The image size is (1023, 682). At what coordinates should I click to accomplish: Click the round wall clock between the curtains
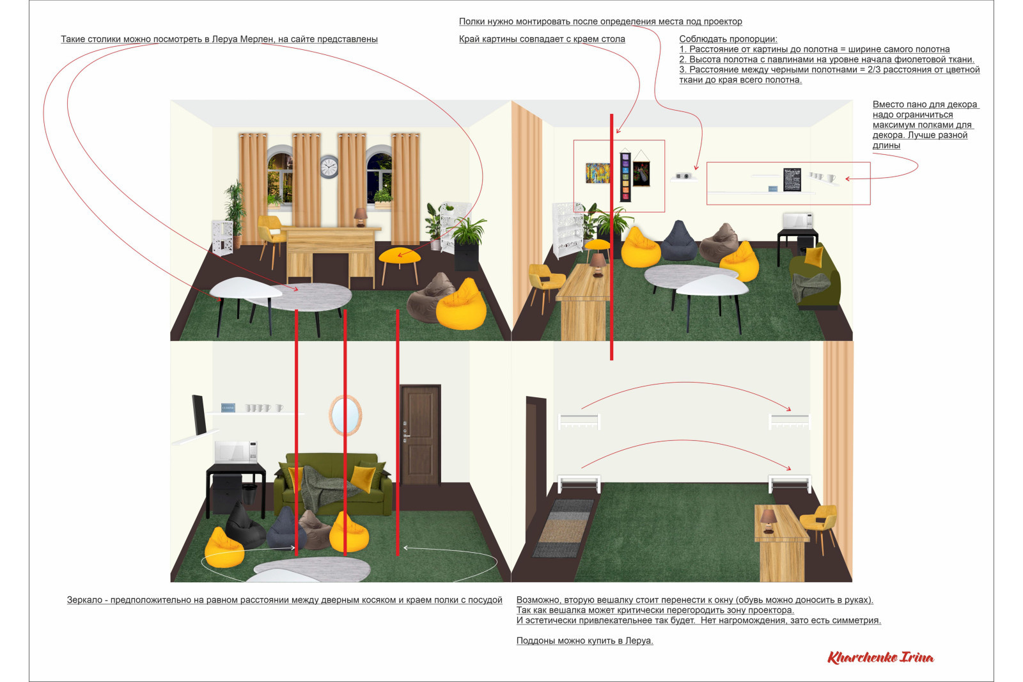[x=329, y=167]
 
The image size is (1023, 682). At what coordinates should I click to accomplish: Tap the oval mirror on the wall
[x=346, y=415]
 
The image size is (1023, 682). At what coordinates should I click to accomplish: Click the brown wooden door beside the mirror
[x=419, y=434]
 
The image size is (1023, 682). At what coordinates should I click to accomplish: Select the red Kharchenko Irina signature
[x=880, y=657]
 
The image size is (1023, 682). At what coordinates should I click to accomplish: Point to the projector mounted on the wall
[x=683, y=176]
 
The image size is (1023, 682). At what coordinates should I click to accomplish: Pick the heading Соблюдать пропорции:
[x=728, y=39]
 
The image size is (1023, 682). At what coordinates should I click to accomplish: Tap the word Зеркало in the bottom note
[x=84, y=599]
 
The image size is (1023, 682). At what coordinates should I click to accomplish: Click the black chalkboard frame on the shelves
[x=792, y=180]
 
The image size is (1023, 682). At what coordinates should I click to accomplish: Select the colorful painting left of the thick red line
[x=598, y=173]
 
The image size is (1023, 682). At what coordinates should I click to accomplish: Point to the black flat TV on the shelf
[x=199, y=414]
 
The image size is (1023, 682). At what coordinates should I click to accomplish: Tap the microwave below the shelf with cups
[x=236, y=452]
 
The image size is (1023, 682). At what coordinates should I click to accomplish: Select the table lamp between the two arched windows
[x=361, y=217]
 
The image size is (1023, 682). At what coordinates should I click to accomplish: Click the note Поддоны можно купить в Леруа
[x=584, y=640]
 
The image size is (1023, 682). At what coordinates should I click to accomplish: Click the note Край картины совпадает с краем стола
[x=542, y=39]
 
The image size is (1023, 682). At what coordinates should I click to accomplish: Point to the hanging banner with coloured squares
[x=625, y=175]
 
